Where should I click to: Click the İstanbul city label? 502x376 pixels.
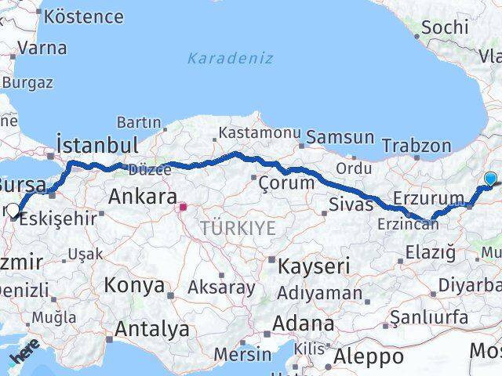coord(97,145)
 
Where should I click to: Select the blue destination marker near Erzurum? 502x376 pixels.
coord(490,179)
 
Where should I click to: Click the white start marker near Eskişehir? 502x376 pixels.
coord(13,210)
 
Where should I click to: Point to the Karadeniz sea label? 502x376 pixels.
coord(230,58)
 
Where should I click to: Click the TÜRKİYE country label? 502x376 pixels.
coord(238,228)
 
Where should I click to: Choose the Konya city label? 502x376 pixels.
coord(133,284)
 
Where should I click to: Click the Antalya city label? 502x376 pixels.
coord(151,329)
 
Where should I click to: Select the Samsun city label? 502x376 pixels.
coord(340,137)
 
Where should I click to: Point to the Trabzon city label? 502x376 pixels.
coord(417,146)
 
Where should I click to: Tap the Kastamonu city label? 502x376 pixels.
coord(259,132)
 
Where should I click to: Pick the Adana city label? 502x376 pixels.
coord(303,323)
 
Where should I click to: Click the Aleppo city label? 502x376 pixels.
coord(368,356)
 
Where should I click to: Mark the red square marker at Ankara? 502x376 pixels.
coord(183,208)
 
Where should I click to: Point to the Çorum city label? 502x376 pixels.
coord(287,183)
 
